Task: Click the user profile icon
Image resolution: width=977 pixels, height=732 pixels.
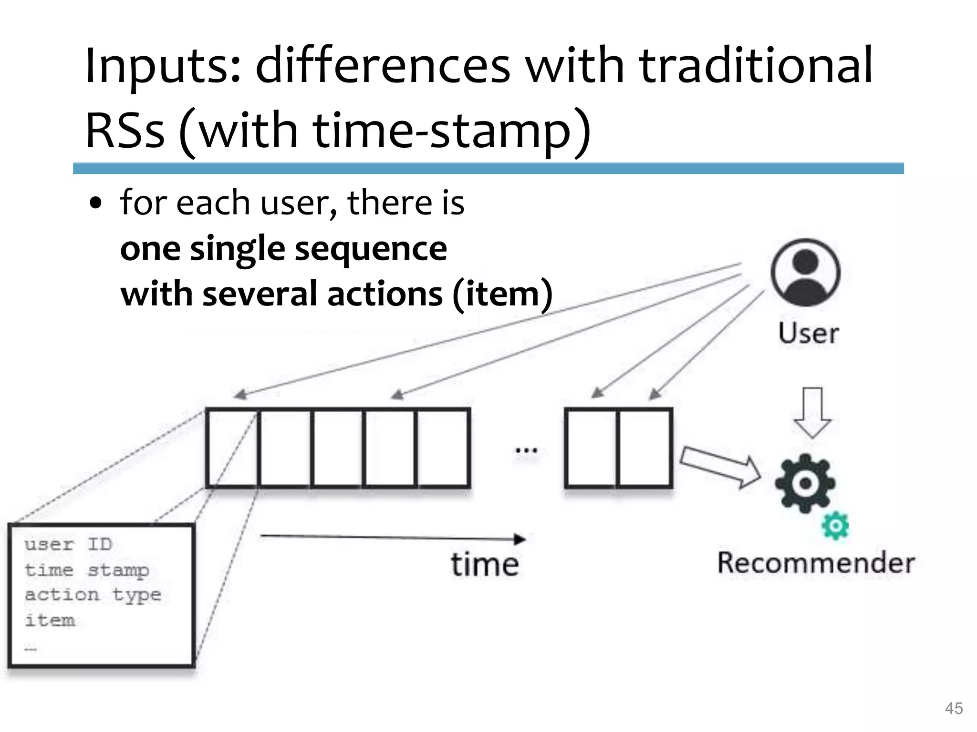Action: coord(805,272)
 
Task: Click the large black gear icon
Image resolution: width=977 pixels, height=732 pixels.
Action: coord(805,483)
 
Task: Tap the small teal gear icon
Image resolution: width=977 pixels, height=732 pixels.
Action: coord(835,526)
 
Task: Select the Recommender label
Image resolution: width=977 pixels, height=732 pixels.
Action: coord(816,563)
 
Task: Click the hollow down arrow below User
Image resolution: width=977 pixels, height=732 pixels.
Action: coord(812,412)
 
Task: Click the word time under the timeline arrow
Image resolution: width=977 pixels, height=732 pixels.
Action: coord(485,565)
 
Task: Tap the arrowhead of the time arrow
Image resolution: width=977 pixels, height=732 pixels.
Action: coord(520,539)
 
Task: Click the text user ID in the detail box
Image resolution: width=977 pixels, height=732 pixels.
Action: coord(68,544)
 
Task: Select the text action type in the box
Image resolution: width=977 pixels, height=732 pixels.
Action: coord(93,595)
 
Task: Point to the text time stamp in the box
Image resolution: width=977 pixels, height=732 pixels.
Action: coord(87,570)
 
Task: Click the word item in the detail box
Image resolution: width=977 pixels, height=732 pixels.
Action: coord(50,620)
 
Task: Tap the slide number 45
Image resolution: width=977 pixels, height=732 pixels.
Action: coord(954,708)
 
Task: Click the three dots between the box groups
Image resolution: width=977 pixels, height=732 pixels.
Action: coord(526,450)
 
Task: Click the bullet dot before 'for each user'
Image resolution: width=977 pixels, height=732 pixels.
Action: coord(96,204)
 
